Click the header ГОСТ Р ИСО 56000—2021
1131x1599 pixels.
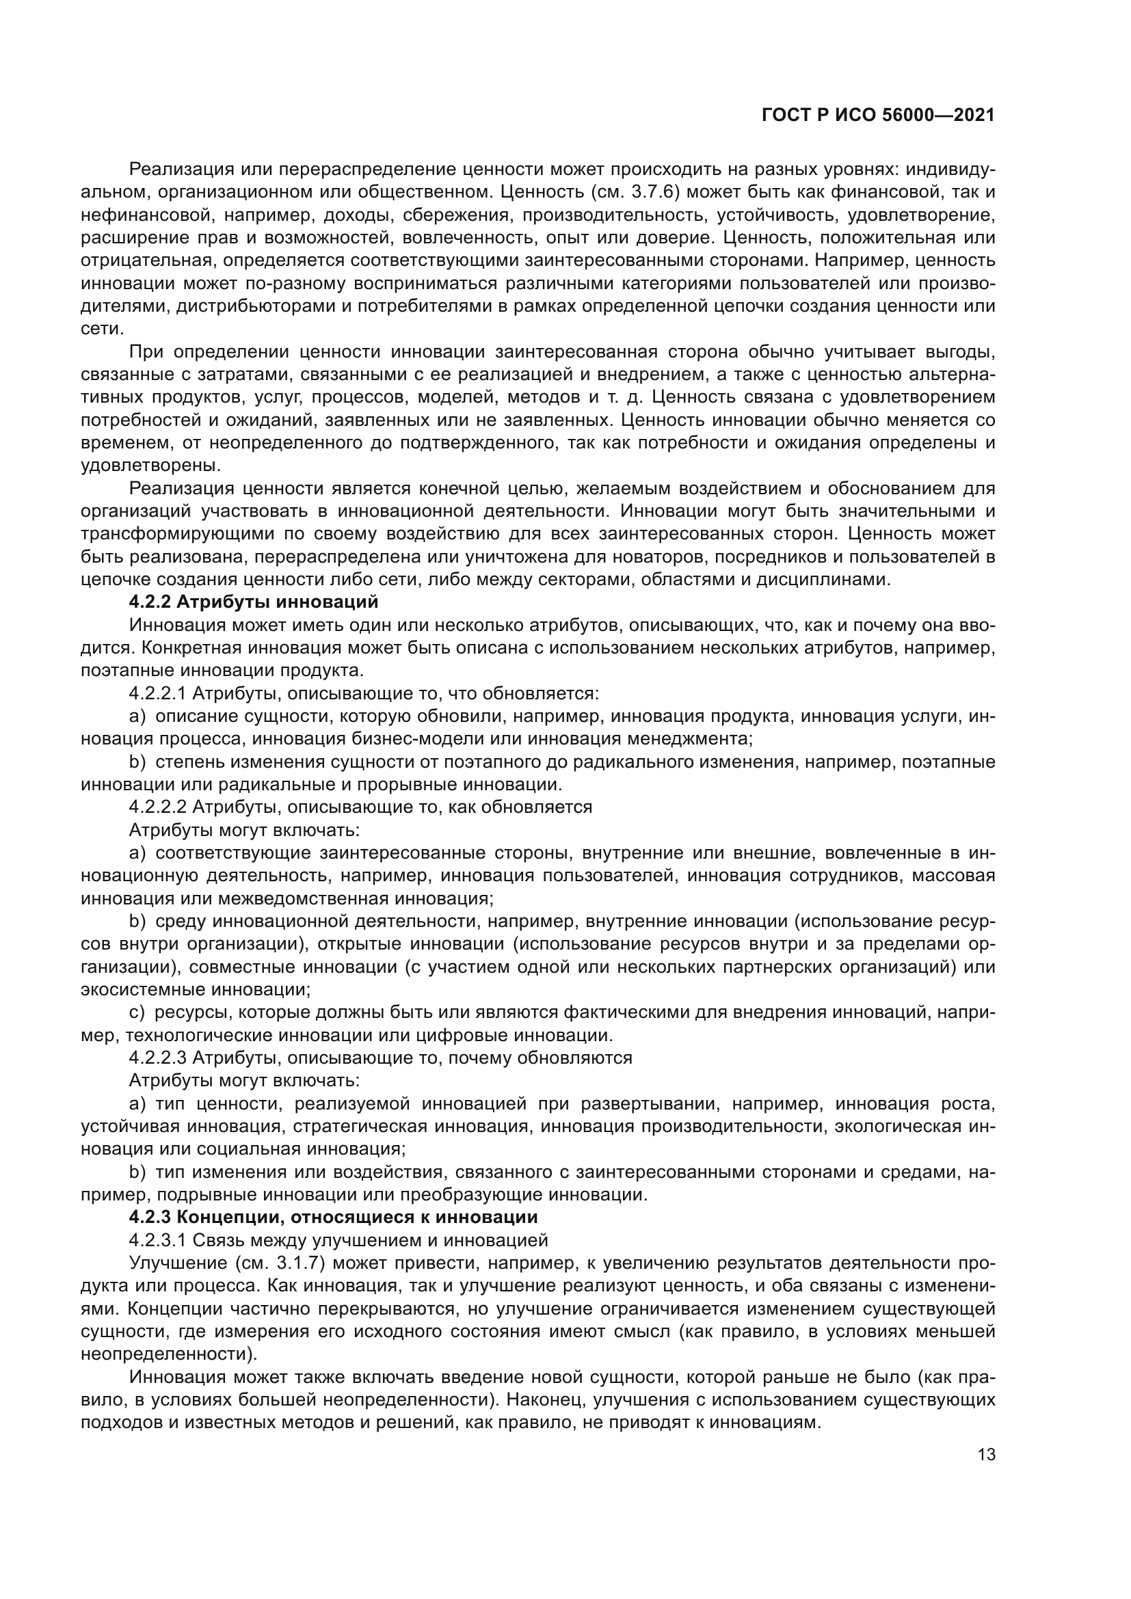[878, 116]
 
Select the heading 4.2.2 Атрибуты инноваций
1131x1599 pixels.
[254, 602]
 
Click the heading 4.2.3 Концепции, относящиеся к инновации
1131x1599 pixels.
[333, 1218]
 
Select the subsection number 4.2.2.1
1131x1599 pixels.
[158, 694]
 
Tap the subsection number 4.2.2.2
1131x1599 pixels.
[158, 807]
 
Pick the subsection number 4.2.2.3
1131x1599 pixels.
[158, 1058]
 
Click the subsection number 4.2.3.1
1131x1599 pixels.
[158, 1240]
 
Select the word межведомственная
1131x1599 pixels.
[303, 898]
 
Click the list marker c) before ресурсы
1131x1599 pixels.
[137, 1012]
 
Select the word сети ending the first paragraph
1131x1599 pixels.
[102, 329]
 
